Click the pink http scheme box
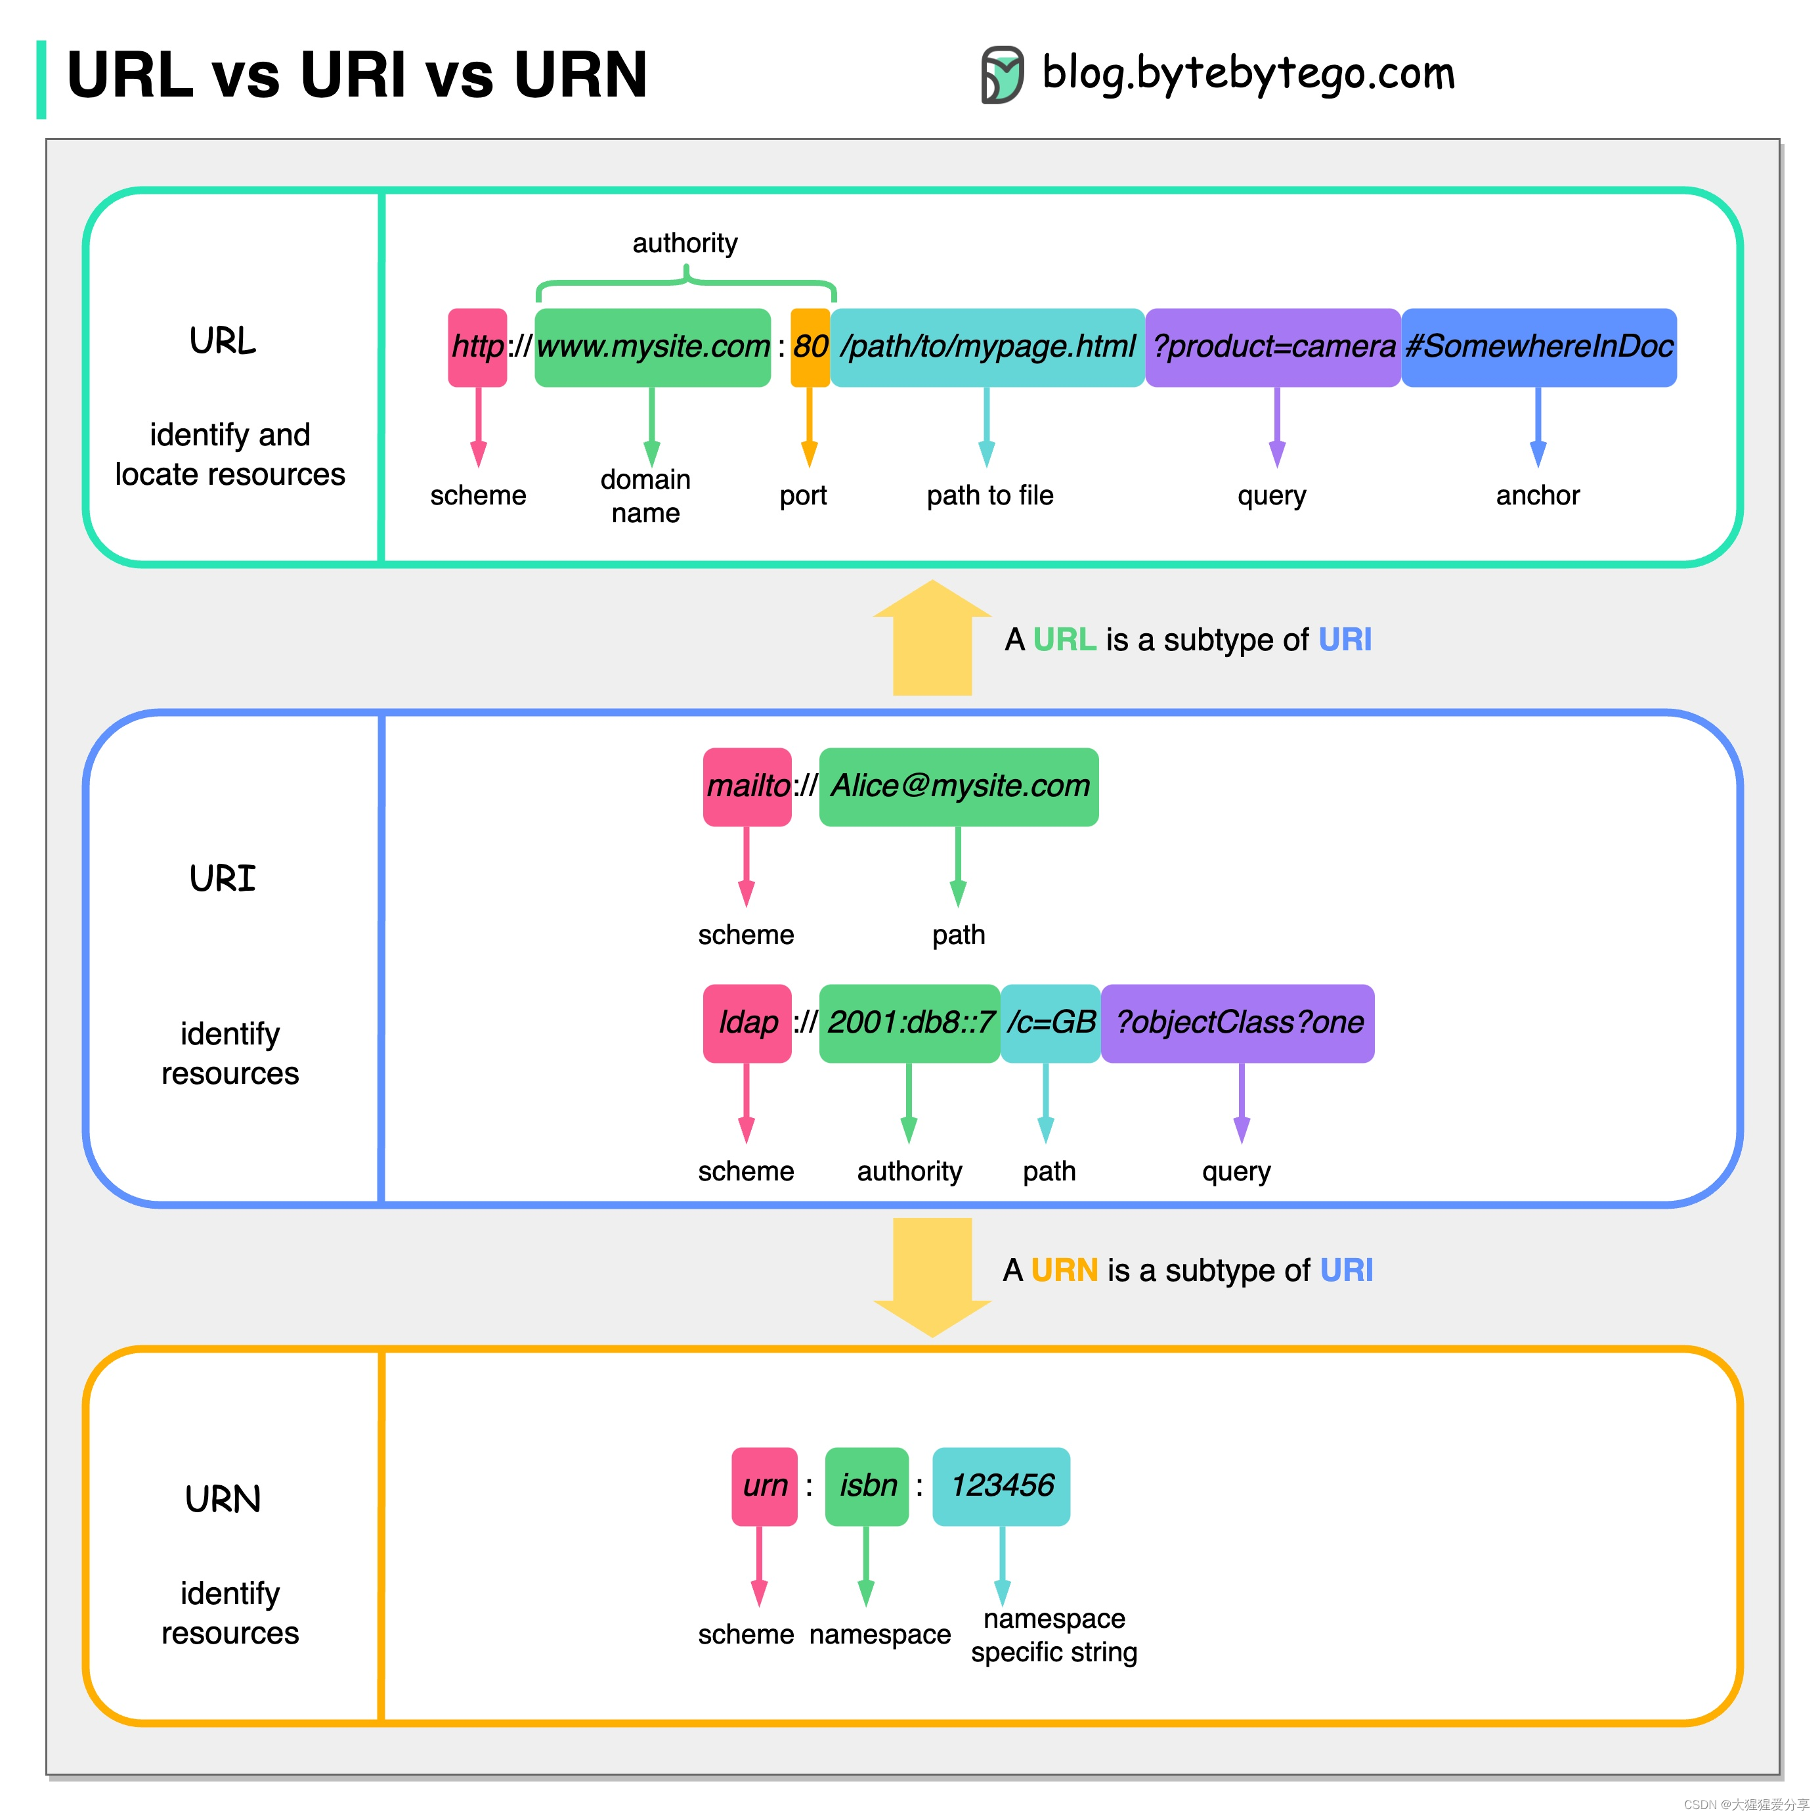(477, 347)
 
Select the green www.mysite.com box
(652, 347)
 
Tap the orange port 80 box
(809, 347)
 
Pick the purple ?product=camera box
(1272, 347)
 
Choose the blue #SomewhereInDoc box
(1538, 347)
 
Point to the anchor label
(1538, 495)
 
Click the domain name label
(645, 496)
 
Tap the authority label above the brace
(685, 243)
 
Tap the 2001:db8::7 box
(909, 1023)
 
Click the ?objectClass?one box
(1237, 1023)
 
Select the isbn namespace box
(866, 1485)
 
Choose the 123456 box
(1001, 1485)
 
